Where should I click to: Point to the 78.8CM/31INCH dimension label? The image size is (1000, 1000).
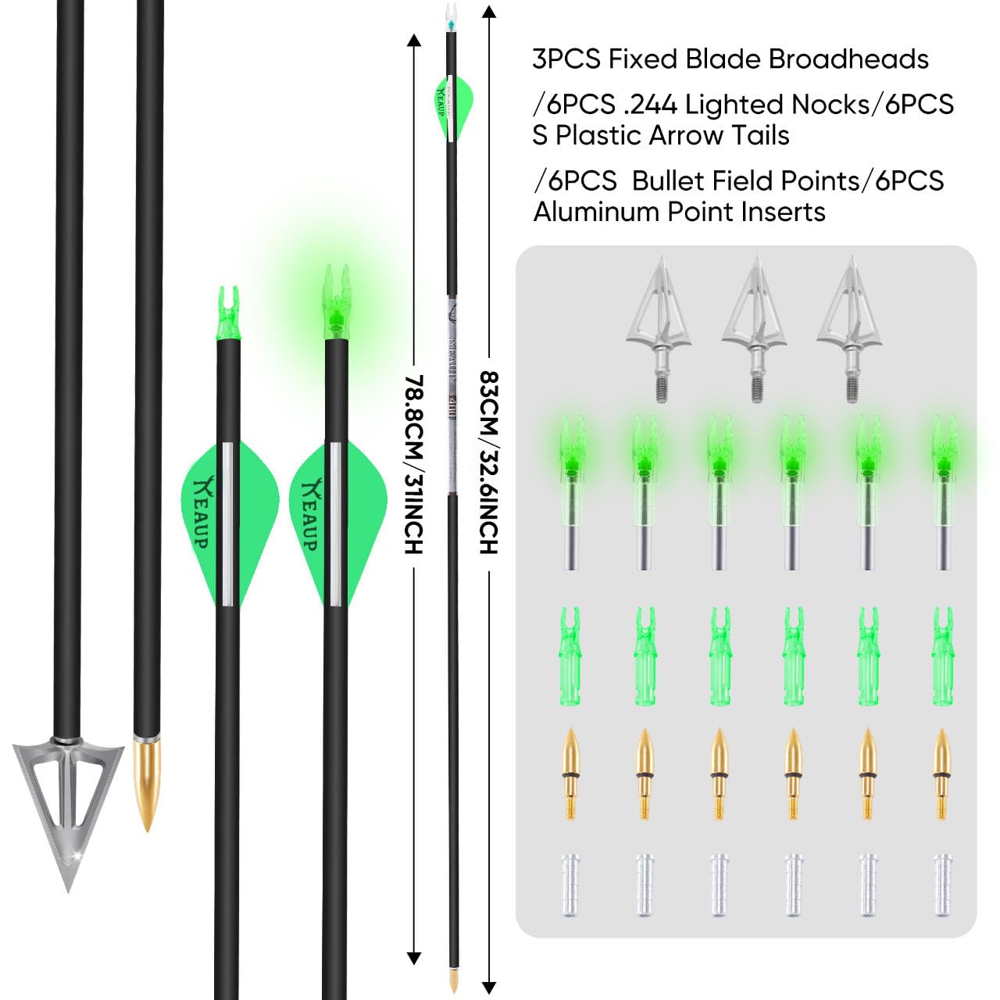pos(414,465)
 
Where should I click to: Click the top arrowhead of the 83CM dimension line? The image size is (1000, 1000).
pos(489,11)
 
